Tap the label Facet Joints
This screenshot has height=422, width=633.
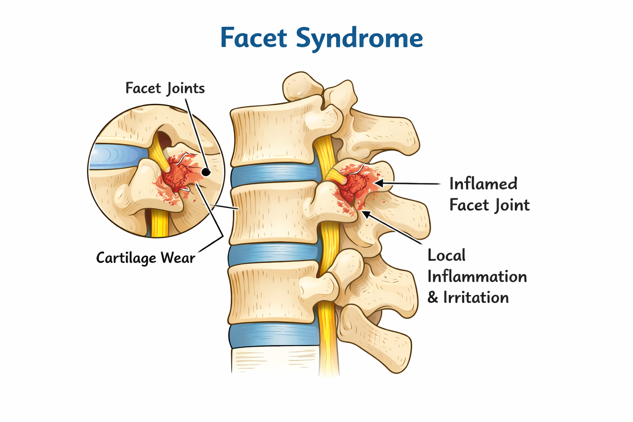click(x=165, y=89)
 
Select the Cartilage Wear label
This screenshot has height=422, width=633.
click(x=145, y=258)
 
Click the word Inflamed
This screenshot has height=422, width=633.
click(x=483, y=184)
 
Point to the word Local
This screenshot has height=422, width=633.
click(x=446, y=256)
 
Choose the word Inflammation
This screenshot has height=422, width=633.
click(x=477, y=277)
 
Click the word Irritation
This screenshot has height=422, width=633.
click(x=476, y=298)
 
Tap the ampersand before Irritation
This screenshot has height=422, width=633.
click(x=432, y=298)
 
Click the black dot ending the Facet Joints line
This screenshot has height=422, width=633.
click(x=206, y=172)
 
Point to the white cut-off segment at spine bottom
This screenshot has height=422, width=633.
click(x=274, y=361)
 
